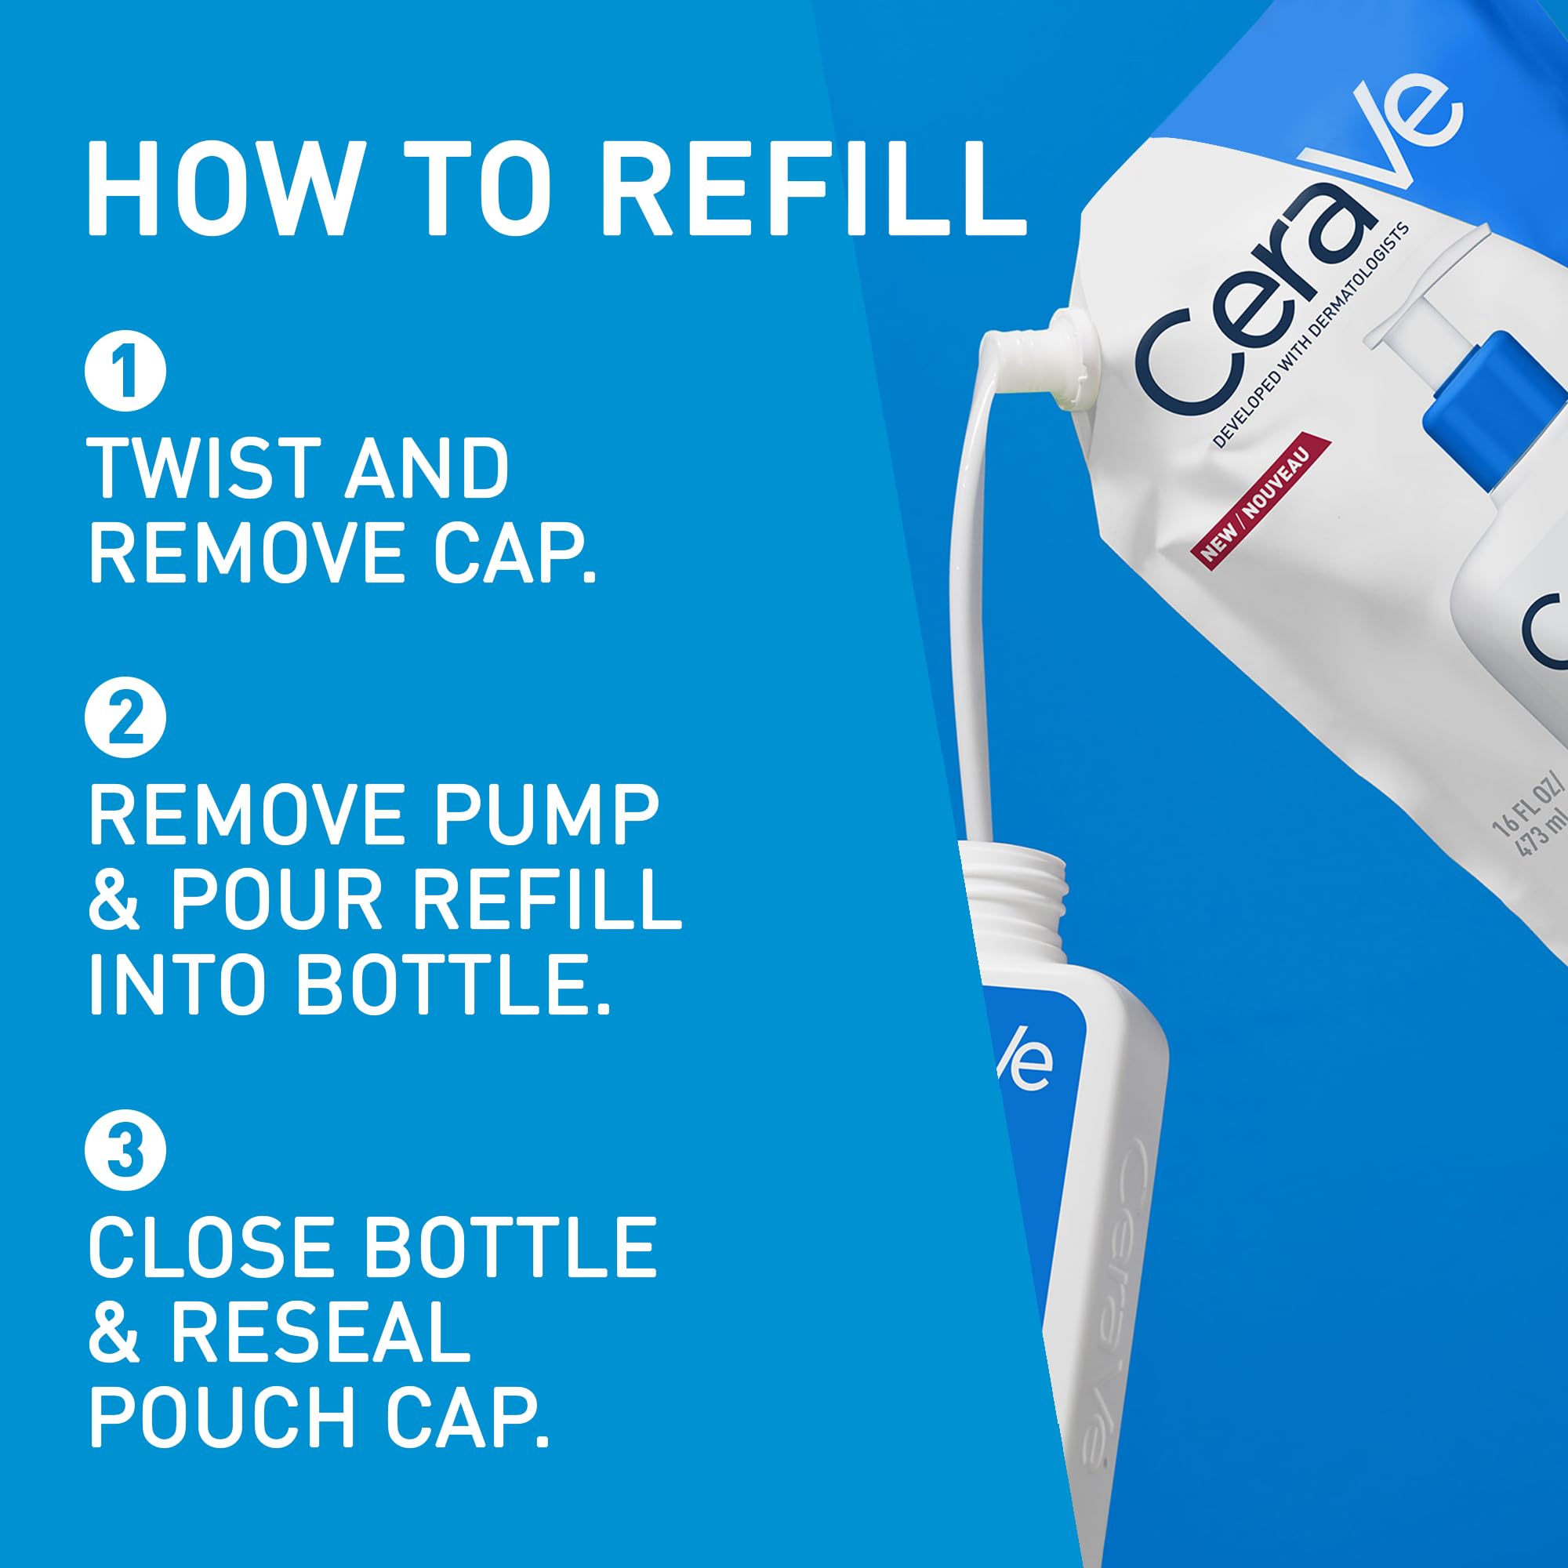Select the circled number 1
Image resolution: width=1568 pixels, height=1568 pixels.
[x=125, y=372]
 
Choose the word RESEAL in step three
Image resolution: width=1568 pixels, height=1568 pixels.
[x=320, y=1334]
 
